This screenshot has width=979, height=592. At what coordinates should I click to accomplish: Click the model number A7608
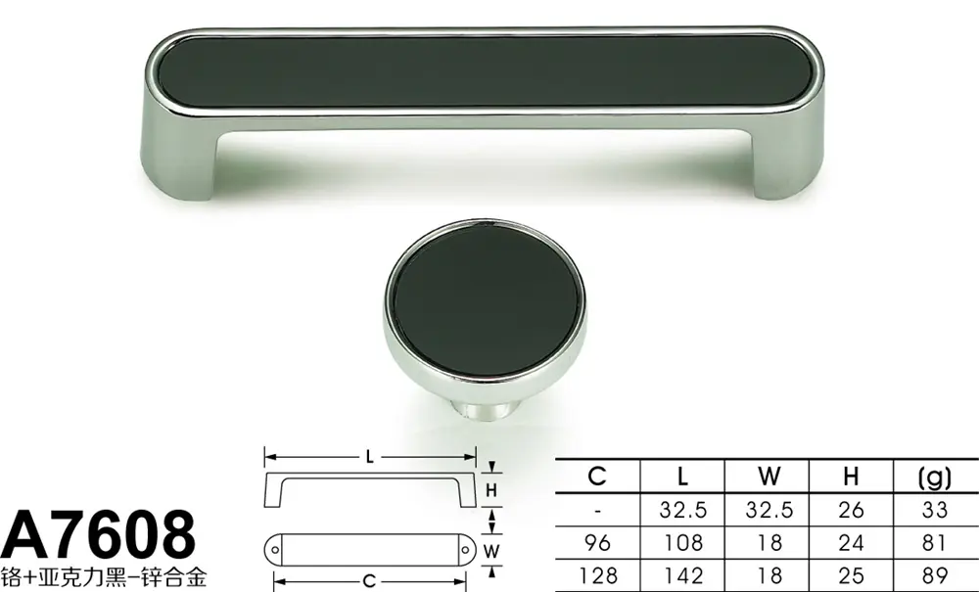point(98,535)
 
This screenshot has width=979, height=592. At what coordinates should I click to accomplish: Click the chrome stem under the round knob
point(487,409)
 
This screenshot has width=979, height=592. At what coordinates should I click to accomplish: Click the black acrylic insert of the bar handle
point(486,70)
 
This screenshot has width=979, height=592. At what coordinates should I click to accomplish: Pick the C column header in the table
point(597,477)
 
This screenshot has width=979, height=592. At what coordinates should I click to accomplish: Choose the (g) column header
point(935,478)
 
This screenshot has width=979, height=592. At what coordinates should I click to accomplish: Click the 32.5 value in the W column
point(769,510)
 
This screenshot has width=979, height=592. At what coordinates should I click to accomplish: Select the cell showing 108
point(683,543)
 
